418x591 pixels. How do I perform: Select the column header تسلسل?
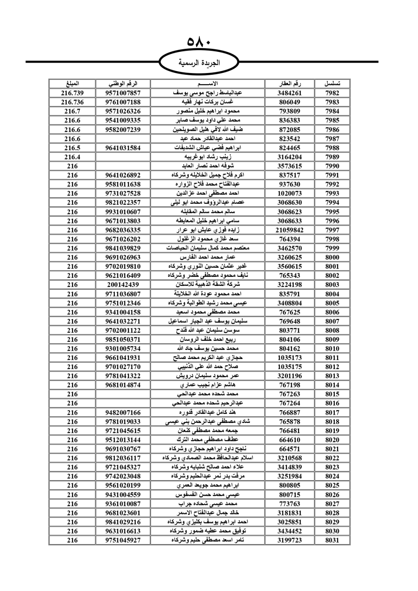(332, 84)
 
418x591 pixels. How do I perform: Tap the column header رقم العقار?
(290, 84)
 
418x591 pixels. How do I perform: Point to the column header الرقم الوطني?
(123, 84)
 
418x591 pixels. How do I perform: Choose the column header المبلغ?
(72, 84)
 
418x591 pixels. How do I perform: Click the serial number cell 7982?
(332, 93)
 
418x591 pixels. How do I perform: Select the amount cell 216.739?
(72, 93)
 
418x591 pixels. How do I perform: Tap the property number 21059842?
(290, 230)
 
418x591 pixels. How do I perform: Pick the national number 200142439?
(123, 285)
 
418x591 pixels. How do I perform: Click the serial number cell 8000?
(332, 257)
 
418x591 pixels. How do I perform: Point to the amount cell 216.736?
(72, 102)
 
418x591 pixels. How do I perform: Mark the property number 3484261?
(290, 93)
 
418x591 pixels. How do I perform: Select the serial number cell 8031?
(332, 540)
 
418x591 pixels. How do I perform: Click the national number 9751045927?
(123, 540)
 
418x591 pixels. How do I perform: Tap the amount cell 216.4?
(72, 157)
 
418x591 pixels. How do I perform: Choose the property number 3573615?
(290, 166)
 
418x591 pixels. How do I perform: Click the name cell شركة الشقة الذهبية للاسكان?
(207, 285)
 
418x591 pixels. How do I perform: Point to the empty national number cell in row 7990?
(123, 166)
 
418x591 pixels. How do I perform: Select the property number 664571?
(290, 449)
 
